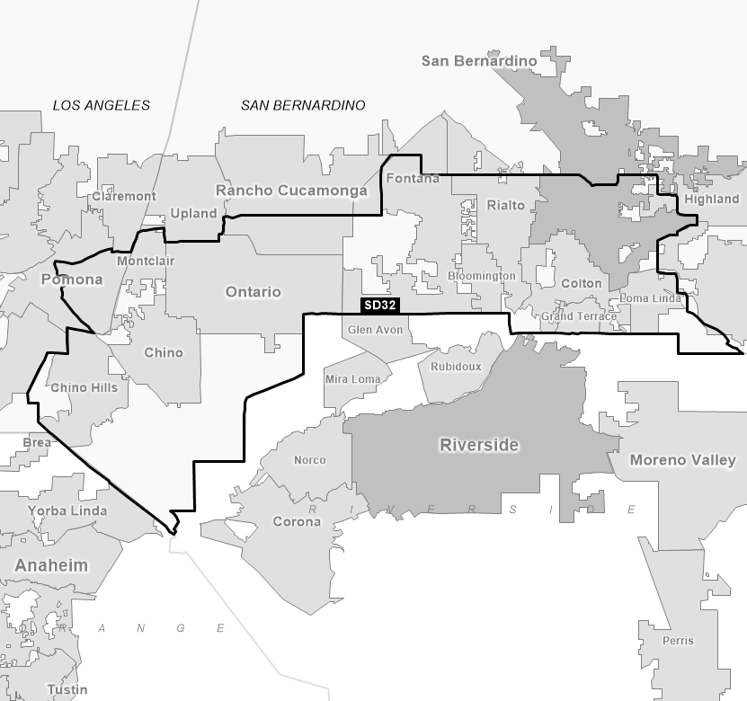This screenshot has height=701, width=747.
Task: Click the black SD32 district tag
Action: pyautogui.click(x=379, y=306)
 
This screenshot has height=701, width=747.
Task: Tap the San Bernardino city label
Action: pyautogui.click(x=479, y=61)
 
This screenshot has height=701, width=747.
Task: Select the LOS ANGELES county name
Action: pyautogui.click(x=102, y=105)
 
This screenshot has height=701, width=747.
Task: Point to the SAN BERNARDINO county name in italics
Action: pyautogui.click(x=303, y=105)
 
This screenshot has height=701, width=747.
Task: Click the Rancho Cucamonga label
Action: pyautogui.click(x=291, y=191)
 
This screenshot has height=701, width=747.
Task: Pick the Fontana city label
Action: pyautogui.click(x=413, y=178)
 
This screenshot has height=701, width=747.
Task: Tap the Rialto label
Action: pyautogui.click(x=505, y=205)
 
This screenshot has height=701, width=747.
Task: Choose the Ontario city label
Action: pyautogui.click(x=253, y=292)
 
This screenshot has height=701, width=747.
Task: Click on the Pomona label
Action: pyautogui.click(x=72, y=280)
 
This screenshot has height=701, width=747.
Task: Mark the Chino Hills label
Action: pyautogui.click(x=84, y=387)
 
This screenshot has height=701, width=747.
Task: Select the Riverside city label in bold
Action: pyautogui.click(x=479, y=445)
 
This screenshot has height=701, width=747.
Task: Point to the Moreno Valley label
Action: pyautogui.click(x=682, y=460)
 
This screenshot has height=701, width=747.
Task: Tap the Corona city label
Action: pyautogui.click(x=297, y=521)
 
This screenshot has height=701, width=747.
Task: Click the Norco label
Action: pyautogui.click(x=310, y=460)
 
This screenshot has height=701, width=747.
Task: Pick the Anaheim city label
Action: pyautogui.click(x=51, y=565)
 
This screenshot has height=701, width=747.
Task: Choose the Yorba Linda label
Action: pyautogui.click(x=67, y=510)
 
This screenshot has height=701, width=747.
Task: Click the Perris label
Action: pyautogui.click(x=677, y=641)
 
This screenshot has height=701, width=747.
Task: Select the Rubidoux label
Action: pyautogui.click(x=456, y=367)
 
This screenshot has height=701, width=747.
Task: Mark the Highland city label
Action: pyautogui.click(x=711, y=199)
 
